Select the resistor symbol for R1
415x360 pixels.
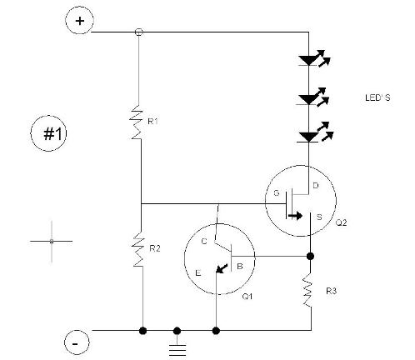136,122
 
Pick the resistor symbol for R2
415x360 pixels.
138,248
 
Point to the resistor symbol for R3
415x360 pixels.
307,290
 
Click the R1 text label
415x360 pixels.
152,121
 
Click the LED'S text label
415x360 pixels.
377,97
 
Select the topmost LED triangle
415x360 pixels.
308,61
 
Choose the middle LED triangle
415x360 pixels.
308,100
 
